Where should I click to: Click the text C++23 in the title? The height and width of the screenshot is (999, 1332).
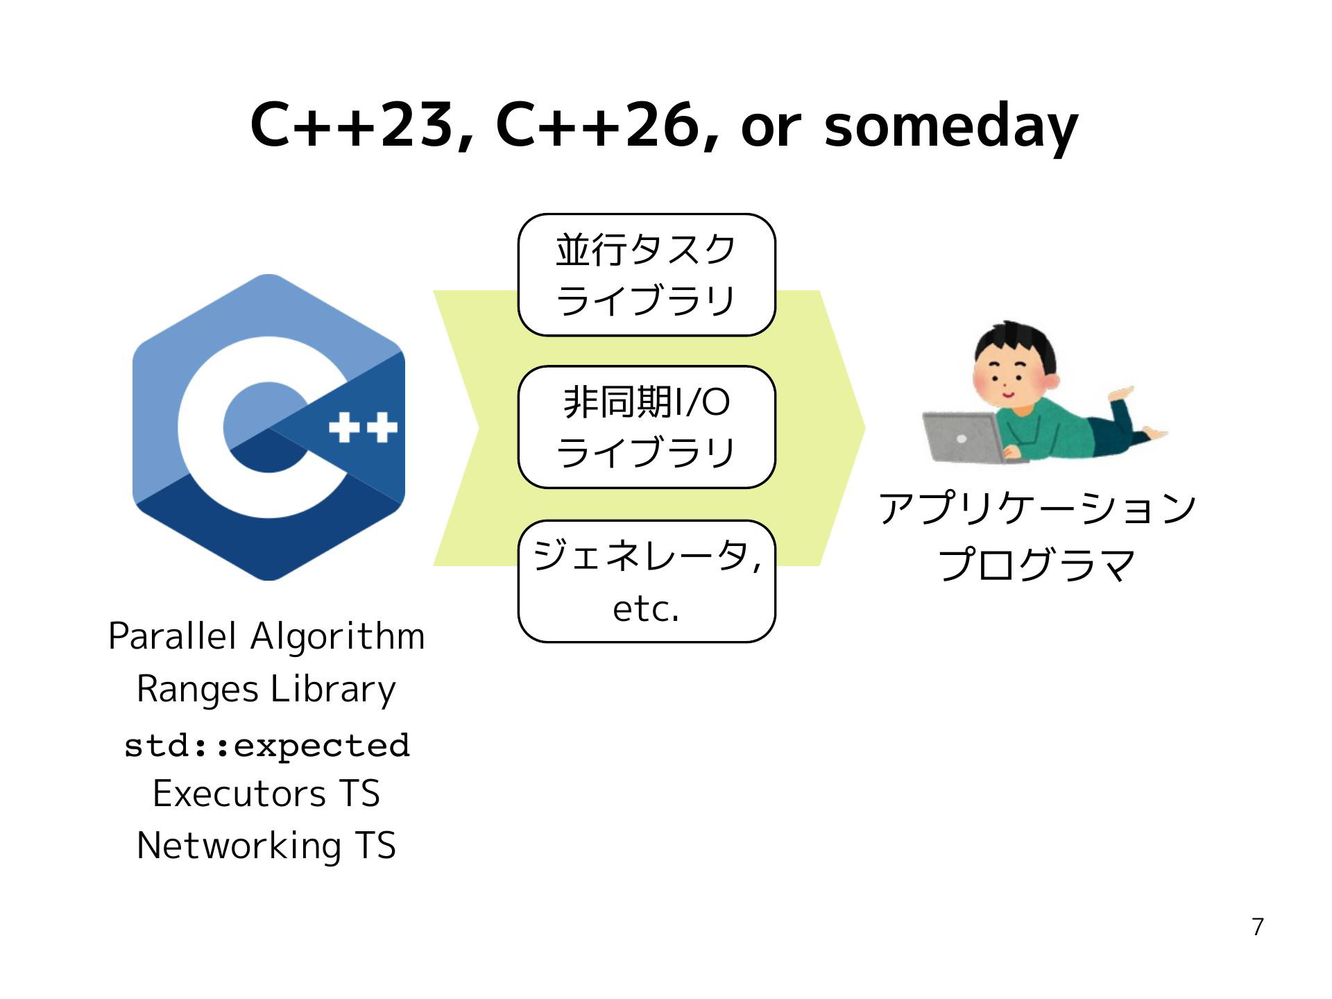tap(352, 126)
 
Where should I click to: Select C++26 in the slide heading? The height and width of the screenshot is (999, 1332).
tap(597, 126)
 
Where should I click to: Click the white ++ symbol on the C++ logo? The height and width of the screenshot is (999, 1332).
tap(363, 427)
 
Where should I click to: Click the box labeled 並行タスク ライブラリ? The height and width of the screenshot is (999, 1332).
tap(647, 275)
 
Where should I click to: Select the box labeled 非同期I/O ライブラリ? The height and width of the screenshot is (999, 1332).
tap(647, 427)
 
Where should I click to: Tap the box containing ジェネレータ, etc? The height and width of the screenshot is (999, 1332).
tap(647, 581)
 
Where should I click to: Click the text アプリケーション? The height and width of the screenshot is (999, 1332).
tap(1038, 509)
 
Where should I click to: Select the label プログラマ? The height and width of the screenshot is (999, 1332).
tap(1037, 564)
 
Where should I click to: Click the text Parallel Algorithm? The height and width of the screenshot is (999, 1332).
tap(267, 636)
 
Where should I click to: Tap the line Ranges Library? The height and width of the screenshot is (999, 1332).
tap(266, 690)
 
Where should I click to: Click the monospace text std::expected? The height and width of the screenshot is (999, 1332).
tap(267, 746)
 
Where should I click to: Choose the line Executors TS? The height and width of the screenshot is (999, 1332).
tap(266, 794)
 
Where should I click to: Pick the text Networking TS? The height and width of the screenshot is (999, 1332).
tap(266, 846)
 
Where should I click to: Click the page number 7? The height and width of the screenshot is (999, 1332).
tap(1258, 927)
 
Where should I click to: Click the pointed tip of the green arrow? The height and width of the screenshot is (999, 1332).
tap(864, 428)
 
